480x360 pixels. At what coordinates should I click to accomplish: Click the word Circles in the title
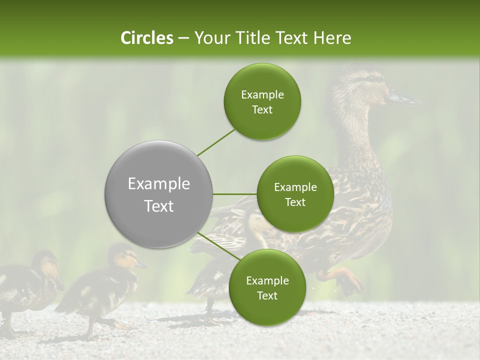click(146, 38)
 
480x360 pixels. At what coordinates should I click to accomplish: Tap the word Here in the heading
click(332, 38)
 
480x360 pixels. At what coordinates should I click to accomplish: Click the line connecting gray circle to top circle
click(216, 142)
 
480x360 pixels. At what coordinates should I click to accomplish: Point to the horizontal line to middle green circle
click(235, 194)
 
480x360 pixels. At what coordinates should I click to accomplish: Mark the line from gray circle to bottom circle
click(218, 247)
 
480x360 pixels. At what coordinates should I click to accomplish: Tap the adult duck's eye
click(370, 79)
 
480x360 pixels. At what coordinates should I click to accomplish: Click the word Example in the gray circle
click(159, 184)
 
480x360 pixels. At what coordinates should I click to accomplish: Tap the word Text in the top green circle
click(262, 110)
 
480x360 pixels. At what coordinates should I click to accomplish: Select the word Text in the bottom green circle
click(267, 296)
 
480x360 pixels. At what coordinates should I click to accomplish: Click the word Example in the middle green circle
click(295, 187)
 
